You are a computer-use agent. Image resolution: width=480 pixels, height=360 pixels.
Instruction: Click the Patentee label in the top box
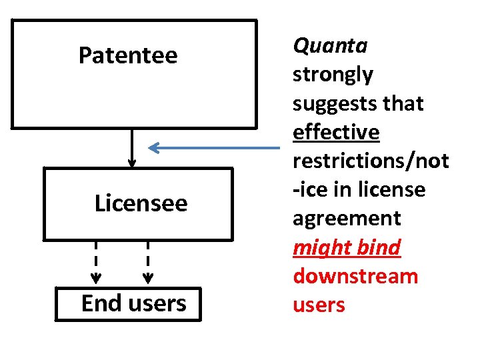[x=128, y=55]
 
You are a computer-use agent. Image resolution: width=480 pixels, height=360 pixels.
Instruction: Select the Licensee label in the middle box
[x=141, y=203]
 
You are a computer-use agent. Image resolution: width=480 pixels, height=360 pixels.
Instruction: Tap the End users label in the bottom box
[x=133, y=303]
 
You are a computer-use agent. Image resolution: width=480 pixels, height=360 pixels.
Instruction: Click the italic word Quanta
[x=330, y=45]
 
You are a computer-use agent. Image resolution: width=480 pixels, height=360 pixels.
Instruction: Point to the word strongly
[x=333, y=75]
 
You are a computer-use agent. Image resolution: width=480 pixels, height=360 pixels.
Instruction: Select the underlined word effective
[x=336, y=132]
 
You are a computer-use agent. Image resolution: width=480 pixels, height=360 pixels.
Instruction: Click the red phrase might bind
[x=347, y=247]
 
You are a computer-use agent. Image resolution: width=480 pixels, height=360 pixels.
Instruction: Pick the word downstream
[x=355, y=276]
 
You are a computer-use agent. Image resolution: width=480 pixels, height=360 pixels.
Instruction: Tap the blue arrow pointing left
[x=213, y=147]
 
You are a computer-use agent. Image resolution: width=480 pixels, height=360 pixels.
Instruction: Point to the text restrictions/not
[x=371, y=161]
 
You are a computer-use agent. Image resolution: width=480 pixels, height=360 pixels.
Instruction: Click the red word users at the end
[x=319, y=305]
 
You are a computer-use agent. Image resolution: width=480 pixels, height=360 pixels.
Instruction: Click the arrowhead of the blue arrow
[x=153, y=147]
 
